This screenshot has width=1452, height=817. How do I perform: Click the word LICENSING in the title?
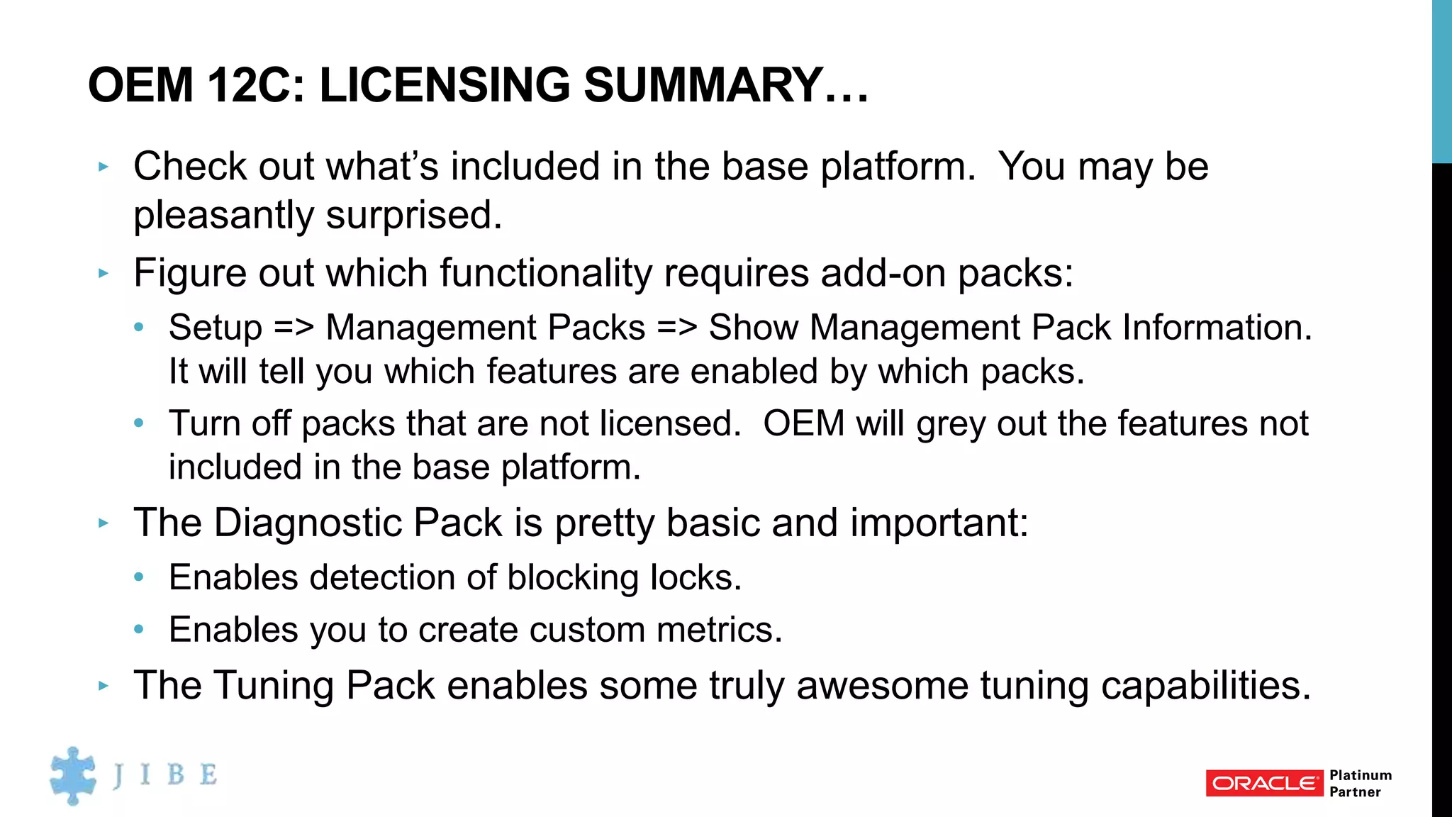point(445,85)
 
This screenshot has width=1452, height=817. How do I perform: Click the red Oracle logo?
point(1264,783)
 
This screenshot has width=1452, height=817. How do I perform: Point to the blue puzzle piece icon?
point(73,775)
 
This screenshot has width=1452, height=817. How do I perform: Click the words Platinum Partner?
point(1360,783)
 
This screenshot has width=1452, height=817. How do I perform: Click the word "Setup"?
point(216,328)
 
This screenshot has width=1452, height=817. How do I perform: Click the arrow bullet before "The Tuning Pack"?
point(104,686)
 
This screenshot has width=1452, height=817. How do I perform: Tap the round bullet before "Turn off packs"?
point(139,423)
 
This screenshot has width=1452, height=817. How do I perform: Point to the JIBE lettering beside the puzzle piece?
point(165,774)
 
